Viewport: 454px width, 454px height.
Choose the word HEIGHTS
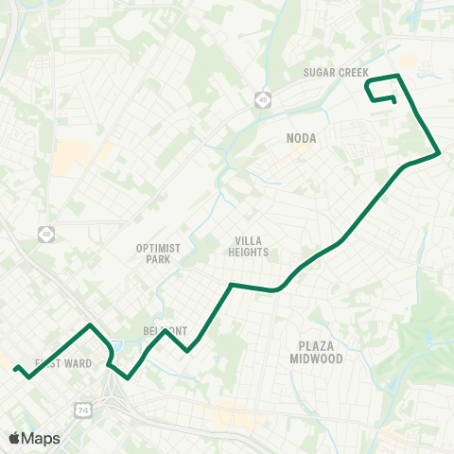249,253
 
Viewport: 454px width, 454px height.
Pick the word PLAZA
317,346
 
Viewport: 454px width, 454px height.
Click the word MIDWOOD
317,358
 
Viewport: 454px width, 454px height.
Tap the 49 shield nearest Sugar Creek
262,98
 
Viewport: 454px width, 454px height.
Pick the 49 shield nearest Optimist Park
46,233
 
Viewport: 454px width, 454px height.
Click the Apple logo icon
15,438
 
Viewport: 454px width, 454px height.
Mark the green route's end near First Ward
15,369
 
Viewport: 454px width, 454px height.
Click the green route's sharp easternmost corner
440,151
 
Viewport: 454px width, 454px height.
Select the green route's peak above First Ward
90,325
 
